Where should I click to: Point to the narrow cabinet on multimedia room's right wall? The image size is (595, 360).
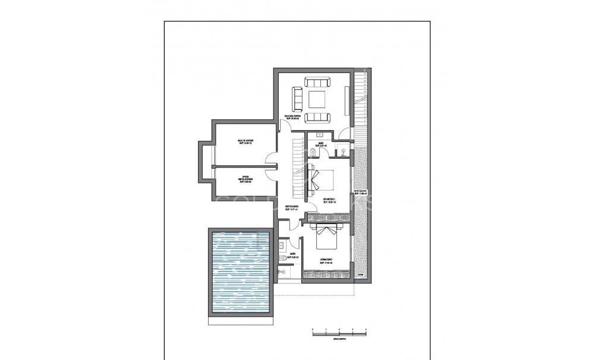[346, 100]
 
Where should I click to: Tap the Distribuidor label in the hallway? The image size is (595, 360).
[291, 208]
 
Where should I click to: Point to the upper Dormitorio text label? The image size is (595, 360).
[329, 200]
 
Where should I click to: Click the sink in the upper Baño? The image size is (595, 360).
[320, 135]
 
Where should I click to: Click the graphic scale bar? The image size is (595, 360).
[339, 331]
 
